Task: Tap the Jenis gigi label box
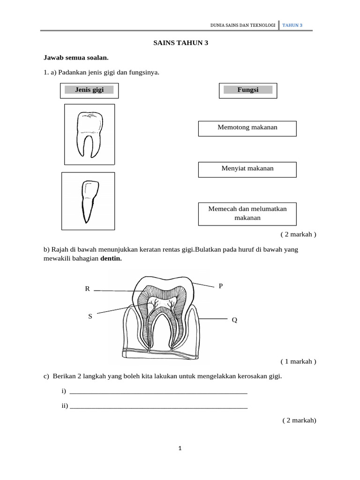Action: (89, 90)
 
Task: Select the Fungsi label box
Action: (248, 90)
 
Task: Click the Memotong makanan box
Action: (247, 128)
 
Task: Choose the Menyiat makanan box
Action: (247, 169)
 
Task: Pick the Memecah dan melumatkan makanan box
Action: (247, 213)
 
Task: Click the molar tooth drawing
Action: (89, 134)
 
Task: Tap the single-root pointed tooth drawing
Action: (88, 201)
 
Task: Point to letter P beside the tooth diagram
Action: (221, 286)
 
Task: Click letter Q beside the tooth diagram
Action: (234, 320)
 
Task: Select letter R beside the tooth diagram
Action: (87, 289)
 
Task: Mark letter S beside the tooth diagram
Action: (90, 316)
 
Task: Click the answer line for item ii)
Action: (158, 406)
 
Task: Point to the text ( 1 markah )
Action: (299, 361)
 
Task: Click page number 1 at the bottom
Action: (180, 449)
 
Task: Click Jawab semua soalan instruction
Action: (76, 58)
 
